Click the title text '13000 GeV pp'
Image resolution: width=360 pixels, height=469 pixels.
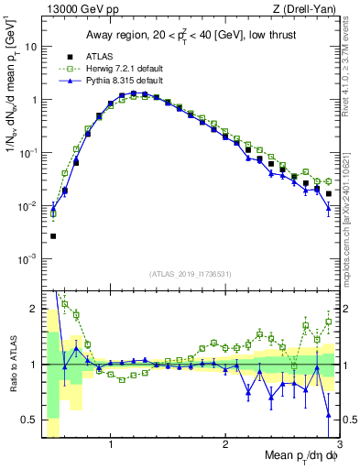point(76,9)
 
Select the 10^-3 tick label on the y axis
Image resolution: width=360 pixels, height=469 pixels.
point(28,259)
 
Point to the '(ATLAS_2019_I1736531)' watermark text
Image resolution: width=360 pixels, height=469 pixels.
point(191,274)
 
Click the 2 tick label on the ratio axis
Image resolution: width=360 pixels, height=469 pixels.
point(33,308)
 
